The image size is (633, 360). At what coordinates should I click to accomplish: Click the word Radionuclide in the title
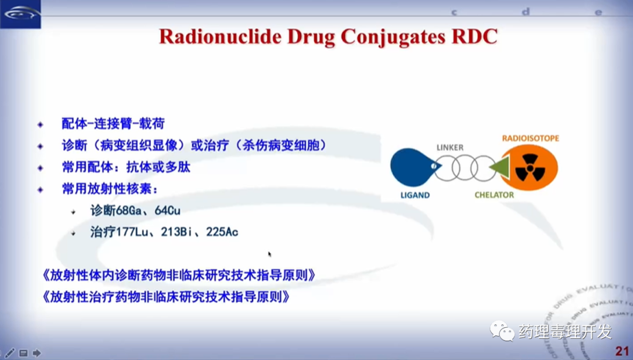point(220,36)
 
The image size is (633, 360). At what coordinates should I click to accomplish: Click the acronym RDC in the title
point(475,36)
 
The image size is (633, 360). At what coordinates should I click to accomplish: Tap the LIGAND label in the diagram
point(415,195)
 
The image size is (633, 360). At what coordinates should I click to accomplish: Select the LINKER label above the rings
point(450,148)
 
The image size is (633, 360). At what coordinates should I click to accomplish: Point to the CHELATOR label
point(494,195)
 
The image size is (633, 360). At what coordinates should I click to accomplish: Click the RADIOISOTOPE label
point(530,138)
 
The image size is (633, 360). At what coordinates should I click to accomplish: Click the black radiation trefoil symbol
point(530,167)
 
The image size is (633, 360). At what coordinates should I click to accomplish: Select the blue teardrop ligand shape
point(413,167)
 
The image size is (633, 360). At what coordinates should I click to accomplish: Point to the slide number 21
point(622,351)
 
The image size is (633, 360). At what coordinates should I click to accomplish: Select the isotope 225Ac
point(222,232)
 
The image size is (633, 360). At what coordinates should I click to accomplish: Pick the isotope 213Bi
point(176,232)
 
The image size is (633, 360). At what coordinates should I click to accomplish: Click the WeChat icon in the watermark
point(502,331)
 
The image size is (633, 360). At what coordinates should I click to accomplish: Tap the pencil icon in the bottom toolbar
point(10,353)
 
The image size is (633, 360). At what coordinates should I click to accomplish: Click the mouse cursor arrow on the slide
point(270,254)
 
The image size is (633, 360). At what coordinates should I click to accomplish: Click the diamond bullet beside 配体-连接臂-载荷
point(40,124)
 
